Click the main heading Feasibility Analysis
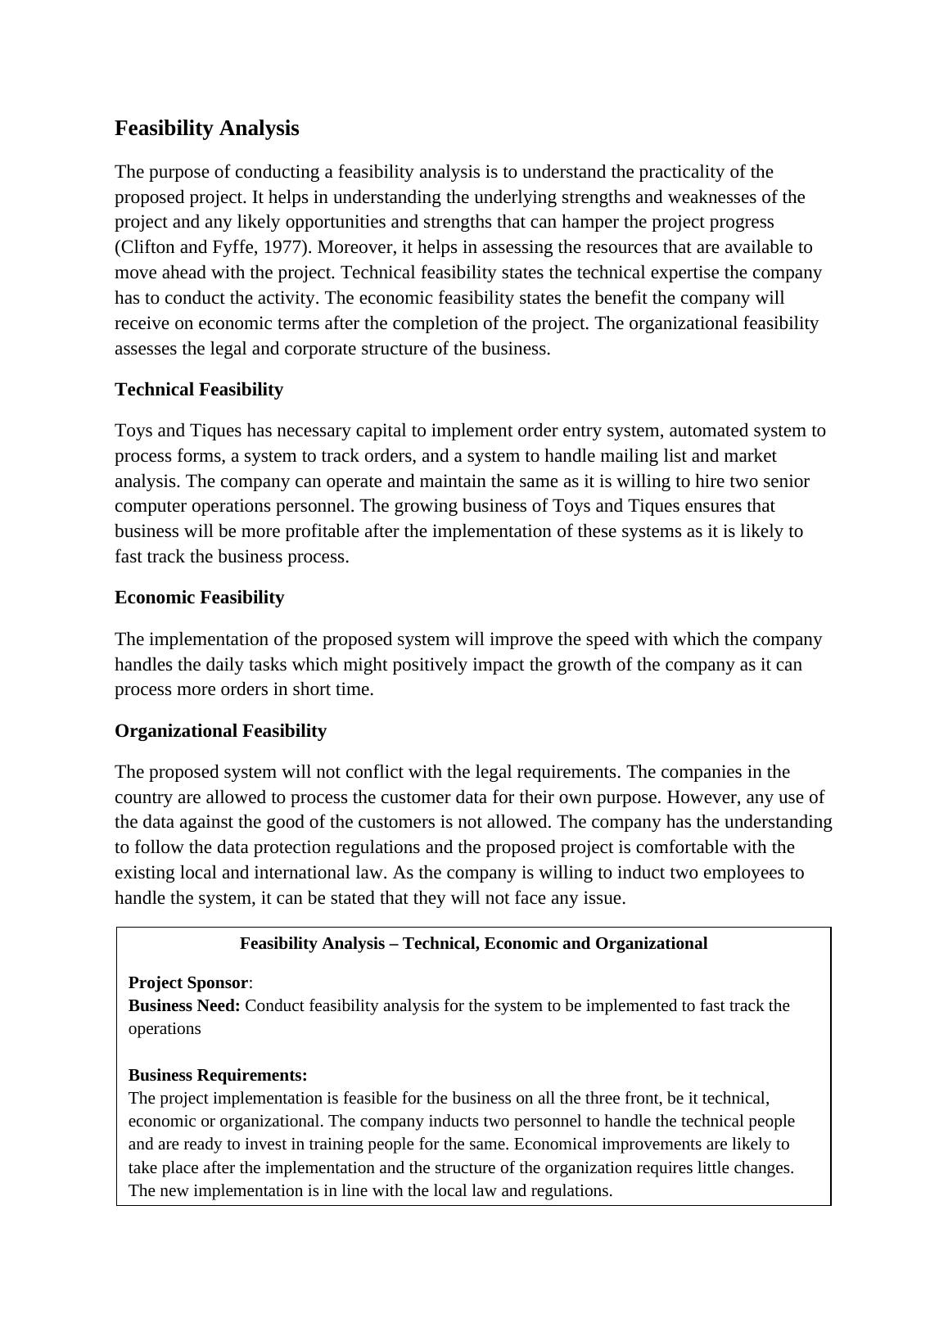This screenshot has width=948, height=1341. pyautogui.click(x=206, y=129)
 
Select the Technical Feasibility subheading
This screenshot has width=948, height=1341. pyautogui.click(x=199, y=390)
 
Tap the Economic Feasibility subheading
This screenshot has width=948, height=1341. pyautogui.click(x=199, y=598)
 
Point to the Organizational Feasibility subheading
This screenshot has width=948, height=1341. pyautogui.click(x=220, y=731)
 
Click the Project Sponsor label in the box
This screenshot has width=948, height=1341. pyautogui.click(x=187, y=982)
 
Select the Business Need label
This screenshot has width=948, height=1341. pyautogui.click(x=184, y=1005)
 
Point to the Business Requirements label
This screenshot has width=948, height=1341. pyautogui.click(x=218, y=1075)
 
